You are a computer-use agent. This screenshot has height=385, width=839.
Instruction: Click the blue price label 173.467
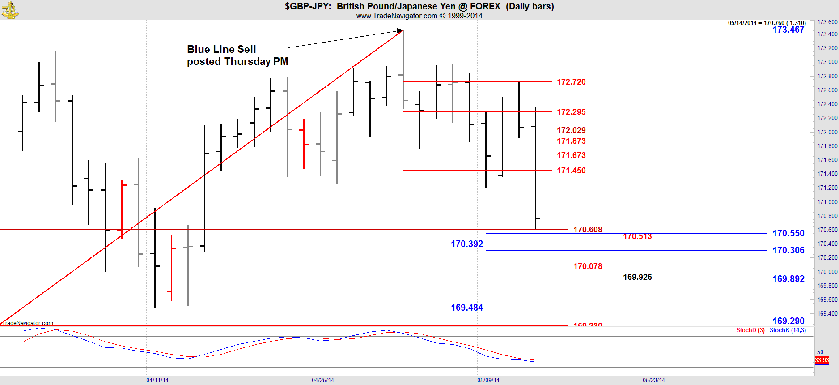[x=788, y=30]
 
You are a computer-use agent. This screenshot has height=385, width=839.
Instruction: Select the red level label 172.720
[x=571, y=82]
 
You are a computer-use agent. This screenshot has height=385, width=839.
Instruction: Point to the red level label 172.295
[x=571, y=112]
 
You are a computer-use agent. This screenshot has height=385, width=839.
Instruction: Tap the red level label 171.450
[x=571, y=171]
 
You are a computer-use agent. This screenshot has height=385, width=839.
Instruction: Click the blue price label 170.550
[x=788, y=233]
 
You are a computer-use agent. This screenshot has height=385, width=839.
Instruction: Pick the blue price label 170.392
[x=466, y=244]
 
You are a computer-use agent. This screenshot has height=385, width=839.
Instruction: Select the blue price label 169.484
[x=466, y=308]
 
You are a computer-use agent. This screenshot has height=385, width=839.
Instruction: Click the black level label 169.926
[x=637, y=277]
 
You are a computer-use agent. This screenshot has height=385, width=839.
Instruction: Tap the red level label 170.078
[x=588, y=266]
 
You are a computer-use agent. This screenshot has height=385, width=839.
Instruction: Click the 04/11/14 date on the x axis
[x=157, y=380]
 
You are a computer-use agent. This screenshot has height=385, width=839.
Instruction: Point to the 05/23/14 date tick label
[x=654, y=380]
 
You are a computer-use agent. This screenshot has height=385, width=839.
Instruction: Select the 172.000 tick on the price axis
[x=827, y=132]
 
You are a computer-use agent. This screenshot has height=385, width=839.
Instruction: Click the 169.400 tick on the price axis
[x=827, y=313]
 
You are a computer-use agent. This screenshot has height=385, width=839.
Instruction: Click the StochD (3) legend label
[x=750, y=330]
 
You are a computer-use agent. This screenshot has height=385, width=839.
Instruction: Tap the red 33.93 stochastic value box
[x=822, y=360]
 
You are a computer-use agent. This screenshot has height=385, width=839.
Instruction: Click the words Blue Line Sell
[x=221, y=49]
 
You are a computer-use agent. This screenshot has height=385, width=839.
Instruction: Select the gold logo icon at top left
[x=10, y=10]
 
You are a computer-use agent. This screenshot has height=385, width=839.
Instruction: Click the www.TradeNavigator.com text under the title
[x=396, y=16]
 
